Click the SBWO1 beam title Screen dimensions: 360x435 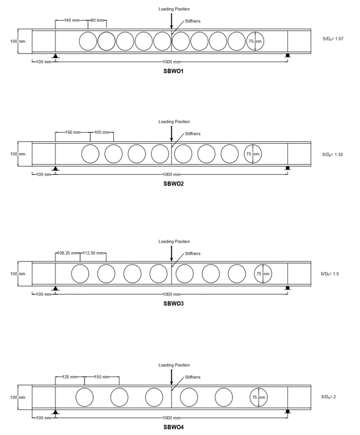click(x=173, y=71)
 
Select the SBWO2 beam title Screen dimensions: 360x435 click(x=173, y=184)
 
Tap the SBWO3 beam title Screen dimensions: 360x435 click(x=173, y=304)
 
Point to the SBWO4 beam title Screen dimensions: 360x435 click(x=173, y=428)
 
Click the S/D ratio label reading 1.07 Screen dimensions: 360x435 click(x=333, y=39)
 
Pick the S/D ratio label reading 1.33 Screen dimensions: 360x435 click(x=332, y=154)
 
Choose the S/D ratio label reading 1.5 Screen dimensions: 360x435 click(x=330, y=274)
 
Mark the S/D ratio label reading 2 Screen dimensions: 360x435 click(x=328, y=397)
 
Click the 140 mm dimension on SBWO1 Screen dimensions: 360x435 click(x=72, y=21)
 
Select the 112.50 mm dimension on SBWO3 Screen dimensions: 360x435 click(x=93, y=253)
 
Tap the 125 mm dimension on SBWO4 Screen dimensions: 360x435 click(x=70, y=377)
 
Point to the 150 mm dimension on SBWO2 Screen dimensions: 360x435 click(x=73, y=133)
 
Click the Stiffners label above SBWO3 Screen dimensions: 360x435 click(x=193, y=253)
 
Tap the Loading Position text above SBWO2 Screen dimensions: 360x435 click(x=174, y=121)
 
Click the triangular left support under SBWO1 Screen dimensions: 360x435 click(x=55, y=56)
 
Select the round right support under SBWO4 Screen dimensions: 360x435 click(x=288, y=411)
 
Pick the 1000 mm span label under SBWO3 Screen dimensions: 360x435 click(x=172, y=294)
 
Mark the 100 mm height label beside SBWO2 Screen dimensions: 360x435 click(x=18, y=154)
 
